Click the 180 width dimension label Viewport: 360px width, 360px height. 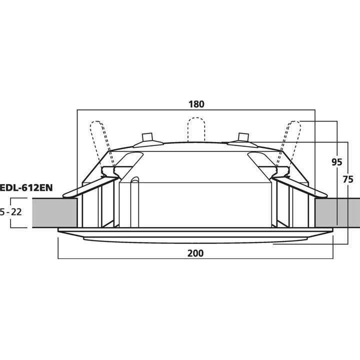[x=196, y=104]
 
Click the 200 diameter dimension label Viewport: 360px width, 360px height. [x=196, y=253]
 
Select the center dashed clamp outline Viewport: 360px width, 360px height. [x=196, y=129]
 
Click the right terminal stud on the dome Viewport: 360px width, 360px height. [x=243, y=137]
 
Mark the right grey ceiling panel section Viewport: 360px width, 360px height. [x=337, y=212]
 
